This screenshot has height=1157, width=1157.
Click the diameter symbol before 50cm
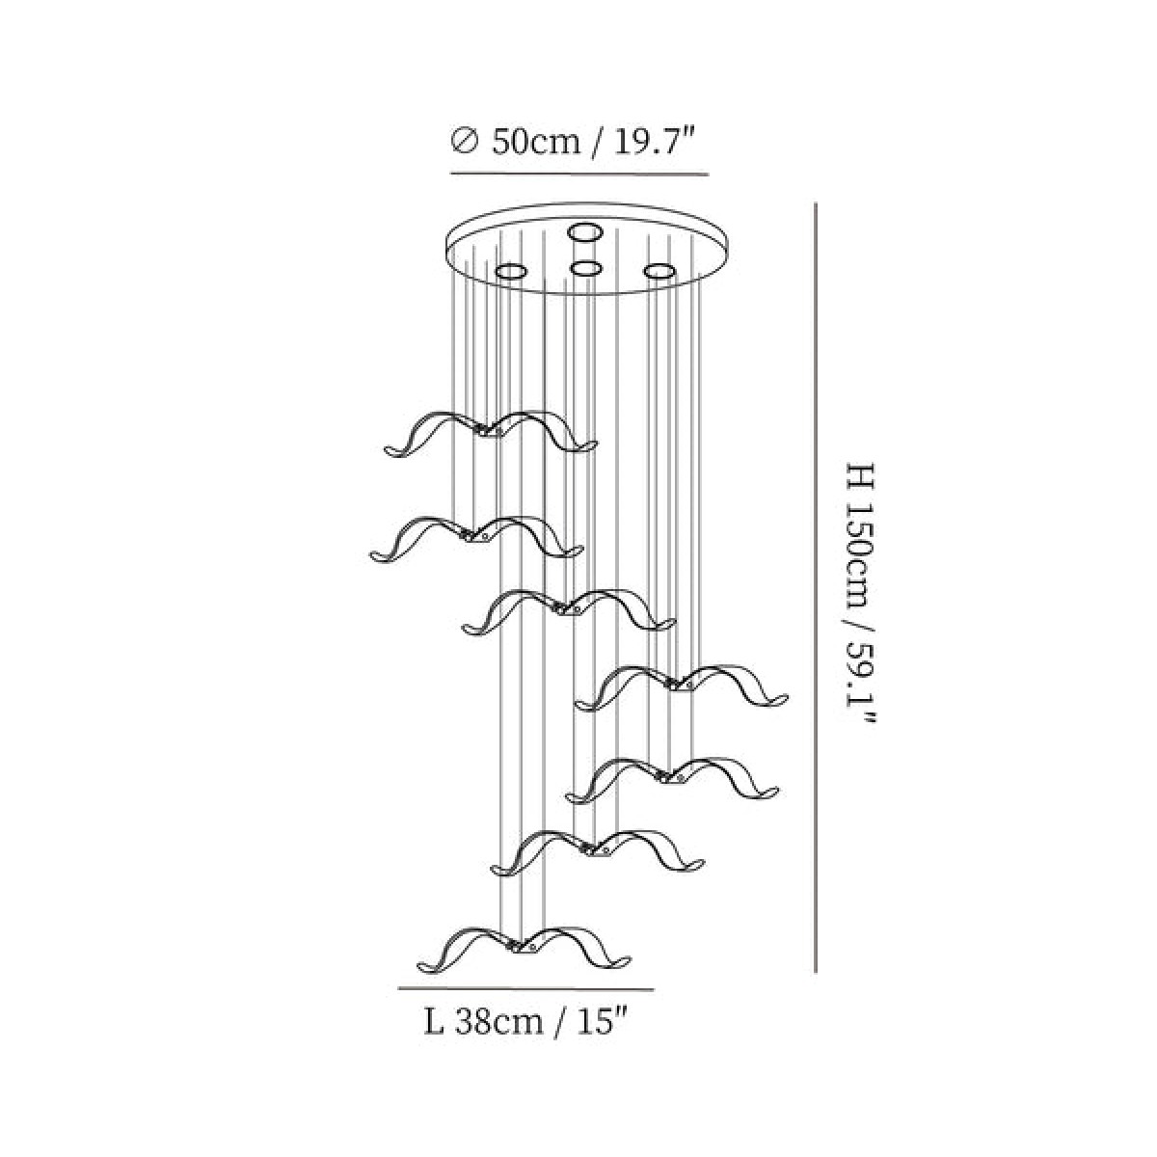pyautogui.click(x=464, y=143)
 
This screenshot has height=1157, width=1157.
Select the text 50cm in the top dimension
pyautogui.click(x=536, y=143)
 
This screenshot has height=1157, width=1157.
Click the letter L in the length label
pyautogui.click(x=434, y=1023)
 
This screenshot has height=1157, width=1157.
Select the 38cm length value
pyautogui.click(x=498, y=1023)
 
